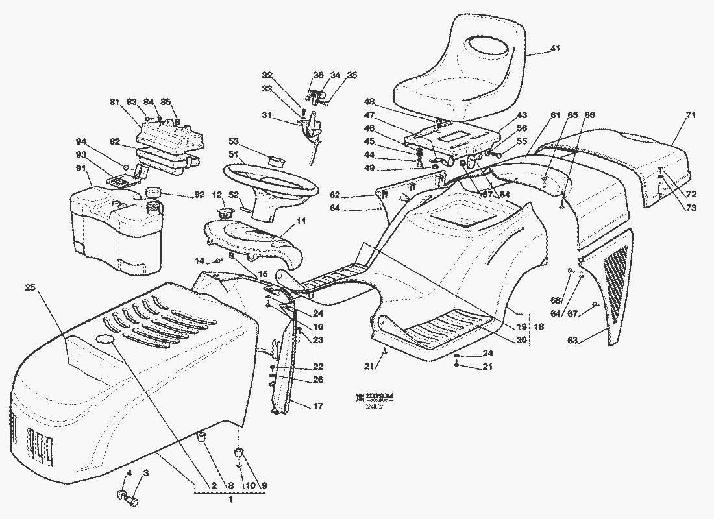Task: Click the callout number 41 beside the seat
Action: point(555,49)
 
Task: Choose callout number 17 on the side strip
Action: point(317,407)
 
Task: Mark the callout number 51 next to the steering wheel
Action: point(232,154)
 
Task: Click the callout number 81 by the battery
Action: point(114,101)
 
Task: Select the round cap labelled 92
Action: point(154,192)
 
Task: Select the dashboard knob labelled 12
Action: point(225,212)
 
